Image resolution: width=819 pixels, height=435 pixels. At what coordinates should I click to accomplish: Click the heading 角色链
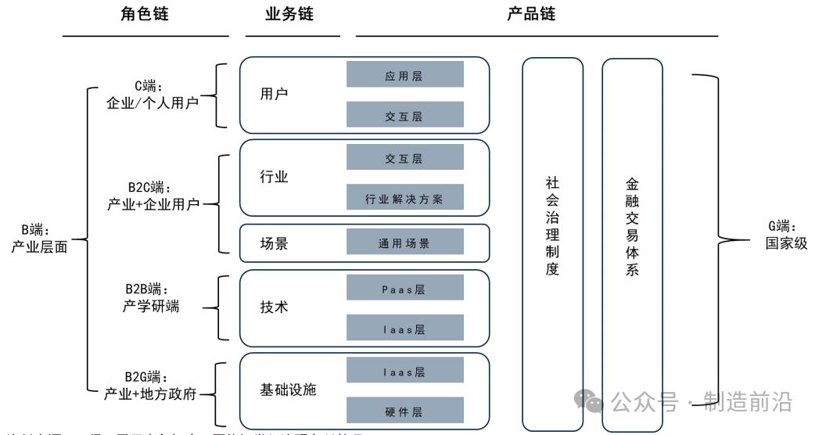click(145, 13)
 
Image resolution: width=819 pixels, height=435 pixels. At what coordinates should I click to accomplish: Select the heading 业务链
click(289, 13)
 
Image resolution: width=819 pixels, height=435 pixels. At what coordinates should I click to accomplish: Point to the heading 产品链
click(532, 13)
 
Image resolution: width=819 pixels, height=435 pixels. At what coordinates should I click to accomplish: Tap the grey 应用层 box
click(405, 75)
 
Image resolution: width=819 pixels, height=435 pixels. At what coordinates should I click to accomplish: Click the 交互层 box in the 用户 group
click(405, 116)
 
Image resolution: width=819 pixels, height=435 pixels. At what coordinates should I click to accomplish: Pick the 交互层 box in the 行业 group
click(405, 157)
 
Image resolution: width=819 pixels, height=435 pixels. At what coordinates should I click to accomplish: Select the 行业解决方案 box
click(405, 198)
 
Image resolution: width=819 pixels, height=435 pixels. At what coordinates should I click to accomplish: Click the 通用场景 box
click(405, 243)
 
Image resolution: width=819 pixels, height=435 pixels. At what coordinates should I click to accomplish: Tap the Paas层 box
click(405, 289)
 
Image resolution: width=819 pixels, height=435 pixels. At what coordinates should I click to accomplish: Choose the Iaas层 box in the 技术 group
click(405, 329)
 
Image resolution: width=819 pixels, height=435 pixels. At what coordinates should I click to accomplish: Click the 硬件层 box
click(405, 412)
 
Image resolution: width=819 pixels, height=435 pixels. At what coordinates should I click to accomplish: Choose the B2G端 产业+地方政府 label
click(149, 385)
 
